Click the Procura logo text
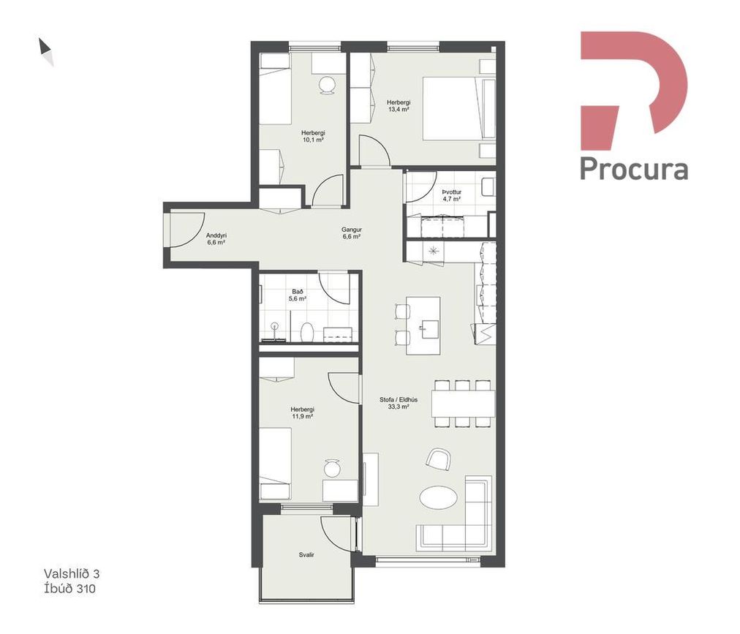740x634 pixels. click(x=634, y=168)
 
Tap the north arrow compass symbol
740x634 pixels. click(x=46, y=51)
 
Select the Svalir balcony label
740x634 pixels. click(x=306, y=555)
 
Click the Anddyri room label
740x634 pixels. click(x=216, y=235)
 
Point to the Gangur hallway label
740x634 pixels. click(x=352, y=230)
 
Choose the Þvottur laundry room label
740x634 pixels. click(x=451, y=192)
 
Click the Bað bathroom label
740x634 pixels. click(x=298, y=292)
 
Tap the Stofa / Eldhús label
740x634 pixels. click(x=399, y=399)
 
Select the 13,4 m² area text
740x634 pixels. click(x=399, y=109)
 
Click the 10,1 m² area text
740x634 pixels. click(x=313, y=140)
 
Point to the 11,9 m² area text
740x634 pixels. click(x=303, y=416)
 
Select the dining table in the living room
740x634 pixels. click(x=463, y=404)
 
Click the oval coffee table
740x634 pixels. click(x=438, y=497)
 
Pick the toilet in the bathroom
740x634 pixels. click(x=307, y=332)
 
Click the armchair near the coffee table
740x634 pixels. click(x=439, y=459)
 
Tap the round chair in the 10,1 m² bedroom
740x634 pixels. click(x=327, y=85)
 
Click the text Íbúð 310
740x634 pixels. click(x=69, y=589)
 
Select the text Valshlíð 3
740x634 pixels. click(x=72, y=574)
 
